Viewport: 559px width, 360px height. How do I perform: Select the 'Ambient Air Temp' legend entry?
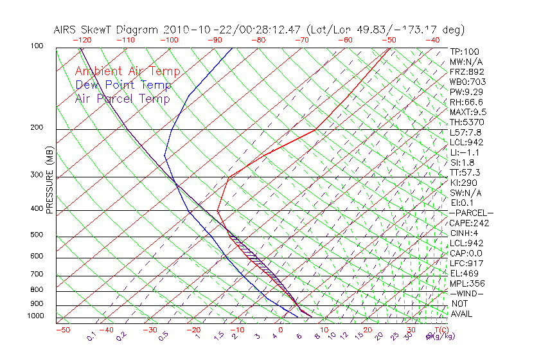point(128,72)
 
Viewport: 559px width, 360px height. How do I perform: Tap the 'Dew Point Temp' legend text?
point(123,85)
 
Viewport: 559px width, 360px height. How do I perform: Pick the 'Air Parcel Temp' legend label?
point(123,99)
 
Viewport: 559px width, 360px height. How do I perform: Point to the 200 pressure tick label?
point(37,128)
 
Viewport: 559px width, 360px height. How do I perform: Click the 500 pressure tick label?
point(37,235)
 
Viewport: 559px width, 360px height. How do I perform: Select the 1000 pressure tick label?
point(35,316)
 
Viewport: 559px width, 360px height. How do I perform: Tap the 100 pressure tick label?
point(37,46)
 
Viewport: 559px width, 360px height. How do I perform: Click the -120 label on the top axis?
point(82,40)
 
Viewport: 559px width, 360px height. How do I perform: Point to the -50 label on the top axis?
point(389,40)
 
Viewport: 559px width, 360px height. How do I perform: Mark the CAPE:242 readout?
point(469,223)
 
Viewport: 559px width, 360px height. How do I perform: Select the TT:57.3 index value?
point(466,173)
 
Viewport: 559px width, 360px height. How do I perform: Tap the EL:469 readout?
point(465,273)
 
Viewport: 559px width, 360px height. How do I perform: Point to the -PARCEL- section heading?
point(471,213)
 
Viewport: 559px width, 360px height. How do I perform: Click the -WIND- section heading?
point(466,293)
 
